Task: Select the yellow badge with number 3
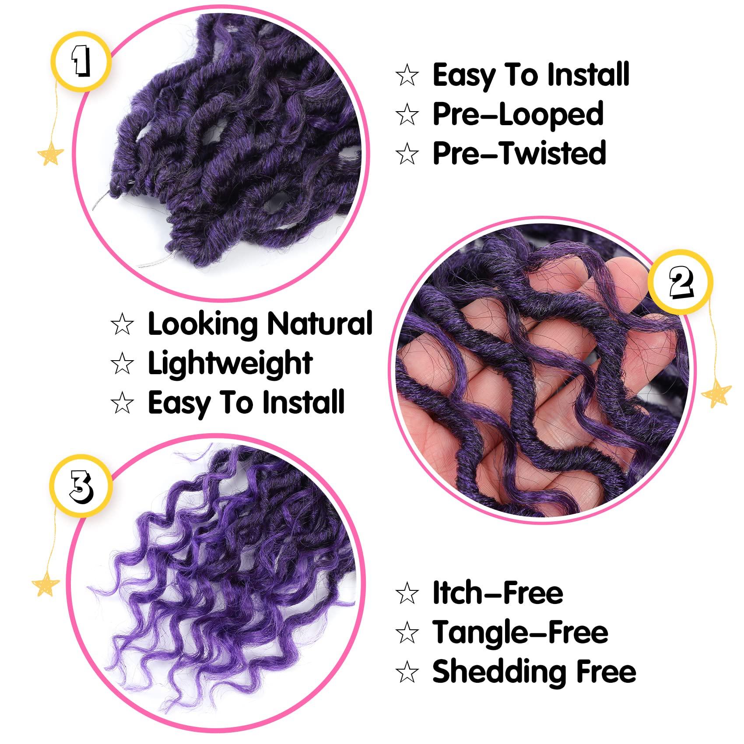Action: pyautogui.click(x=81, y=486)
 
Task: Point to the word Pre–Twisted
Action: pyautogui.click(x=519, y=154)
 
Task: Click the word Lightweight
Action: pyautogui.click(x=230, y=364)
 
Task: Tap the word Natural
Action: pyautogui.click(x=319, y=324)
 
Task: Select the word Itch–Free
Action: pyautogui.click(x=498, y=593)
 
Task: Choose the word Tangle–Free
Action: pyautogui.click(x=520, y=633)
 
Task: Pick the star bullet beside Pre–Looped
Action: pyautogui.click(x=407, y=115)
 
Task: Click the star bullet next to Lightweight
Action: pyautogui.click(x=122, y=364)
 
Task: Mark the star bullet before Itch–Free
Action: pyautogui.click(x=407, y=594)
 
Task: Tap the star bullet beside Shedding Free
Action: pyautogui.click(x=407, y=672)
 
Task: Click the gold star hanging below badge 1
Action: pyautogui.click(x=50, y=153)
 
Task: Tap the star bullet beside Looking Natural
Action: pyautogui.click(x=122, y=325)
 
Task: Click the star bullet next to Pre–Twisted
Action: pyautogui.click(x=407, y=154)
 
